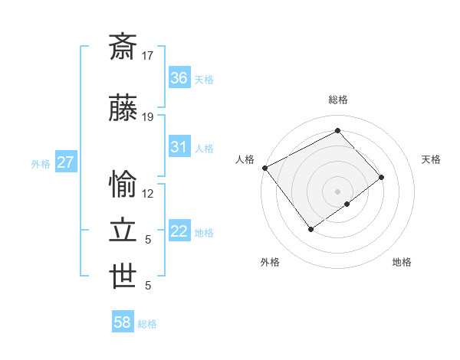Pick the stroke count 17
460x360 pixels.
pos(148,56)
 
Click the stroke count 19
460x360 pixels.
pos(148,117)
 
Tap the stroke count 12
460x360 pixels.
pos(148,193)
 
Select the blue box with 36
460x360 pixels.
pos(179,78)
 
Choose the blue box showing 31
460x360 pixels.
pos(179,147)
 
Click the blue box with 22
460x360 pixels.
pos(179,232)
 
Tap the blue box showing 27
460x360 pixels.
pos(65,162)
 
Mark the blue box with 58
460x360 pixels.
pos(123,322)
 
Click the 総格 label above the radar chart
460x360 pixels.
pos(337,100)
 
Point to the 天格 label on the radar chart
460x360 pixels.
pos(431,159)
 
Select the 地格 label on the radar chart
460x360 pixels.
pos(402,262)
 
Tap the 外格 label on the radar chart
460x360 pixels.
pos(270,262)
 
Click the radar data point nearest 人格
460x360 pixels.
pos(264,168)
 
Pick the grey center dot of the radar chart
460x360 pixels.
pos(337,190)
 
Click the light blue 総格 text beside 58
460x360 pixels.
pos(147,324)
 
